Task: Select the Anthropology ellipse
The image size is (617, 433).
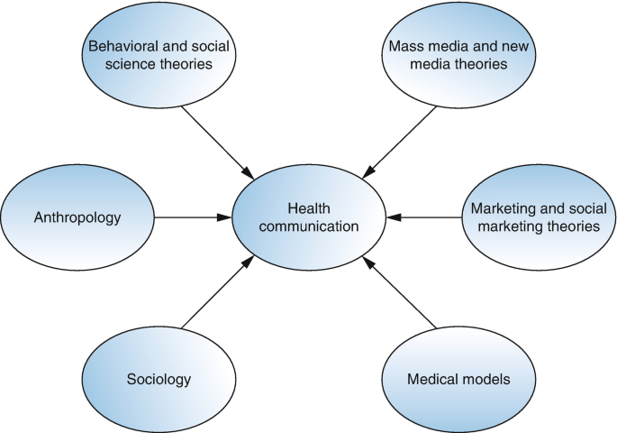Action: (77, 217)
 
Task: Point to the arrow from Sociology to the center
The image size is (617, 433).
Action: (216, 292)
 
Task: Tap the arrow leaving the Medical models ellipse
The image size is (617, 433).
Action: (401, 292)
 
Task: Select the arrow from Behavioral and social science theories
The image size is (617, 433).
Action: (216, 140)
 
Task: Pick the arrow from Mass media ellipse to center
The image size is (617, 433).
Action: (401, 140)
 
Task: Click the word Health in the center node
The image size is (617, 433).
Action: (309, 208)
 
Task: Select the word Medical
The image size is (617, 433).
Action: (436, 379)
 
